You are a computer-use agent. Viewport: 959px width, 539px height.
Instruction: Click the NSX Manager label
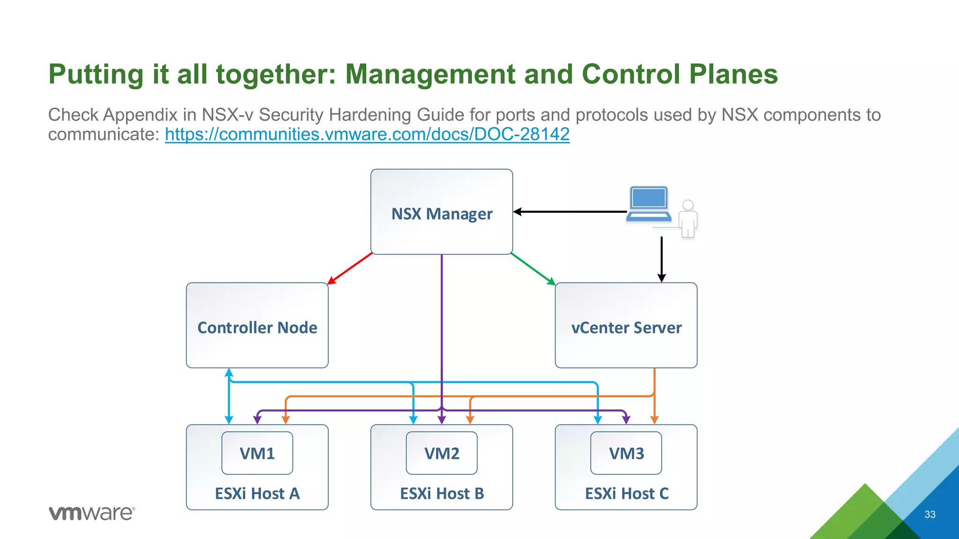[442, 214]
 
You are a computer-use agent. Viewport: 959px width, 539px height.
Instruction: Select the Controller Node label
[257, 328]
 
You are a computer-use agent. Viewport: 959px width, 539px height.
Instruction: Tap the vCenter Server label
[626, 328]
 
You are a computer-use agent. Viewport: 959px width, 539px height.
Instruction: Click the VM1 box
[257, 453]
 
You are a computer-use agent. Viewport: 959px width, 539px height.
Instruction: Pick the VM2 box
[442, 453]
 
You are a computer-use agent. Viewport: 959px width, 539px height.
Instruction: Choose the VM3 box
[626, 453]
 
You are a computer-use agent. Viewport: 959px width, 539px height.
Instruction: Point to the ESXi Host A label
[257, 494]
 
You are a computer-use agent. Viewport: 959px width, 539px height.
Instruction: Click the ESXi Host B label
[442, 494]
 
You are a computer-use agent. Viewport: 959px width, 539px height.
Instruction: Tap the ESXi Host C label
[626, 494]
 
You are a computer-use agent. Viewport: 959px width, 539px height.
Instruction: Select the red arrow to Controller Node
[350, 269]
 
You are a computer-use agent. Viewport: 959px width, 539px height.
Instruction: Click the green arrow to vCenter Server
[533, 269]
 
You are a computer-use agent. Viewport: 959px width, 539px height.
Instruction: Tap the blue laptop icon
[649, 204]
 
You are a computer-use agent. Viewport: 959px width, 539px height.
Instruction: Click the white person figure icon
[688, 219]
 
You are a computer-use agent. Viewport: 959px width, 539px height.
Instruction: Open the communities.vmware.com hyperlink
[367, 134]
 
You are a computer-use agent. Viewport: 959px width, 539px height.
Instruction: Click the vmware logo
[92, 513]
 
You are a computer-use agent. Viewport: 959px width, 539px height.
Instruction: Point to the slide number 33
[929, 515]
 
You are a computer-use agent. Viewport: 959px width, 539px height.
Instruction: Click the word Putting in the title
[96, 74]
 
